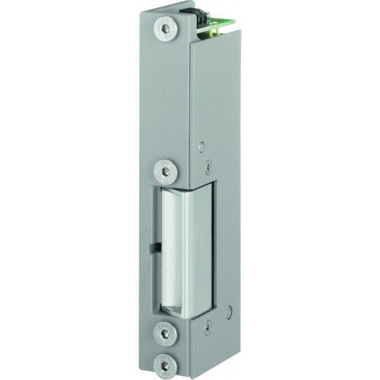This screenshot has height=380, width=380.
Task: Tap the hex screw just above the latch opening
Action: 165,171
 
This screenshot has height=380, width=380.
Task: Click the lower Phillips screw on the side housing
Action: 208,329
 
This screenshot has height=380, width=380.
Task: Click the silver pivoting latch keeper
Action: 184,251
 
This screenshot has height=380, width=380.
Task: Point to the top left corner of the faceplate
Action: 141,12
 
